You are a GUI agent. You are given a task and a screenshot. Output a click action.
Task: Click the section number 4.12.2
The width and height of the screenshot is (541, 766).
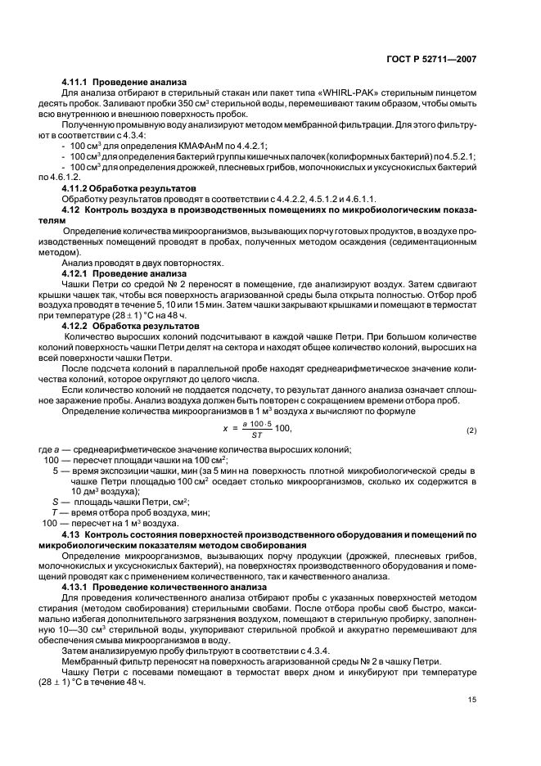point(75,325)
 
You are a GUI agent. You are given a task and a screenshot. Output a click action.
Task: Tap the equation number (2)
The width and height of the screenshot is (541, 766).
point(471,430)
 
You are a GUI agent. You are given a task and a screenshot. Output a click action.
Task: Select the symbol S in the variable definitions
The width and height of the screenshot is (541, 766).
point(56,502)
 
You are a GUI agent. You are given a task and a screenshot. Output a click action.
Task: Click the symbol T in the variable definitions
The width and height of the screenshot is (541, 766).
point(56,512)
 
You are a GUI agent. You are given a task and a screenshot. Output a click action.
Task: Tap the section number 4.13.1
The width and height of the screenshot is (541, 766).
point(75,587)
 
